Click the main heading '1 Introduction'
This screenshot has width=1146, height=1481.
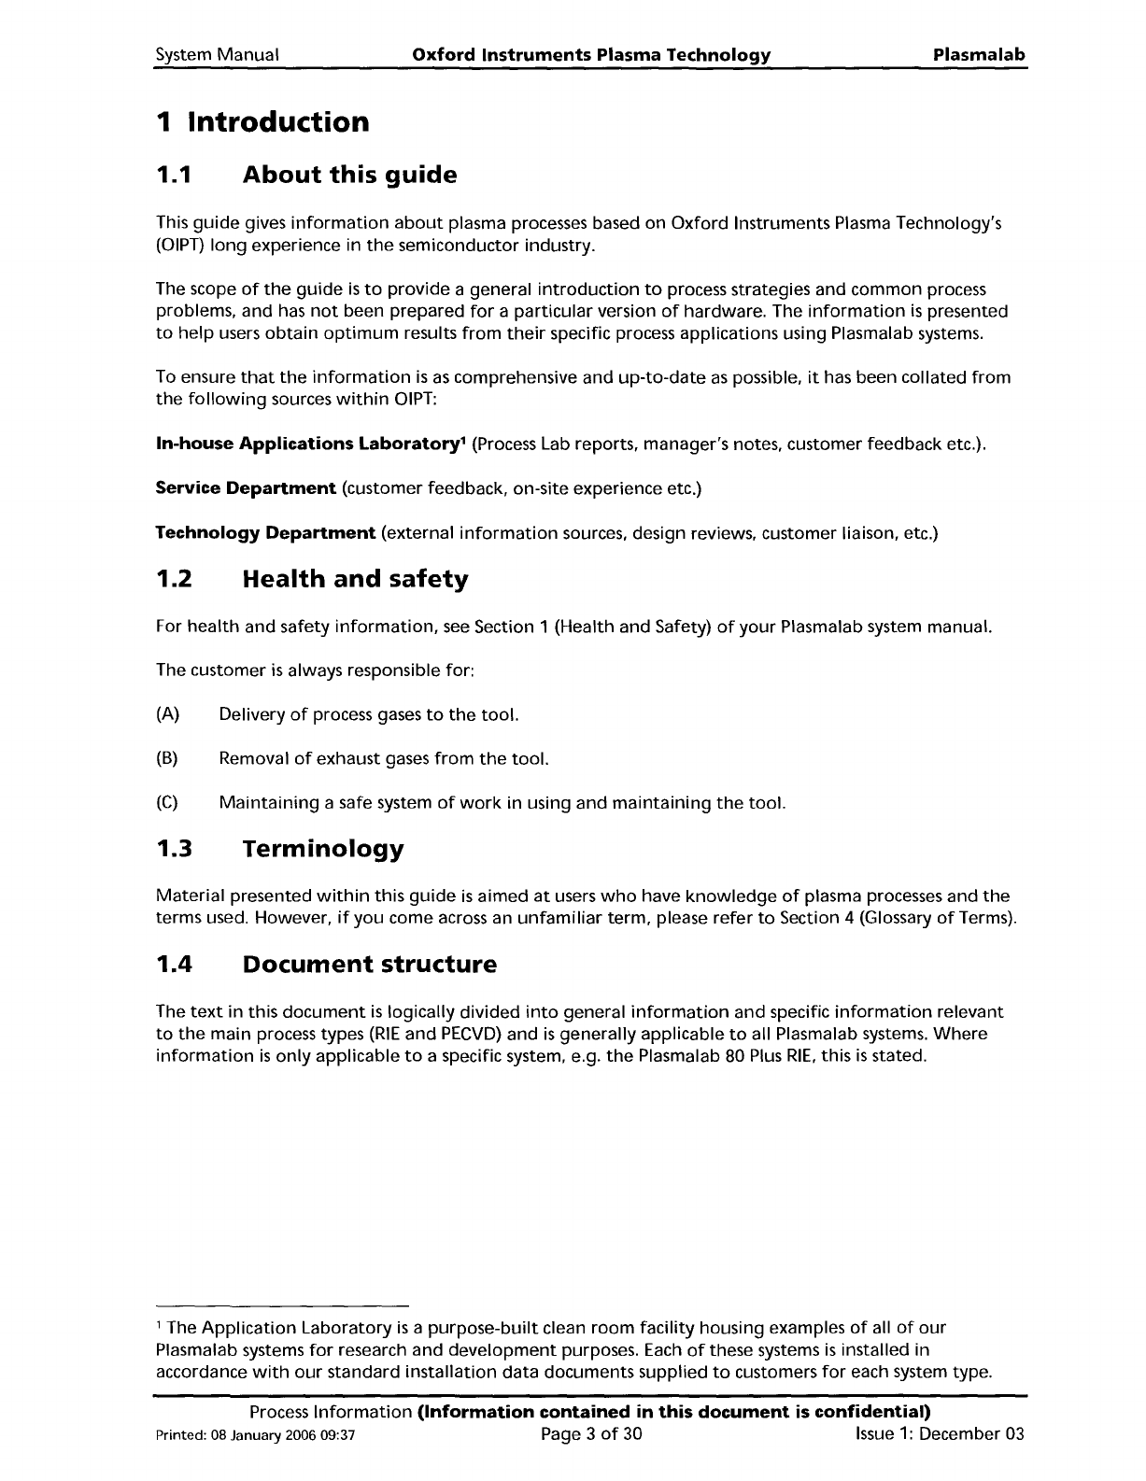point(262,122)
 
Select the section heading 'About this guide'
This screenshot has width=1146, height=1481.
point(349,175)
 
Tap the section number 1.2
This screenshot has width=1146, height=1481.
point(174,580)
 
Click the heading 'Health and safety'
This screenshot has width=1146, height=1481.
point(355,580)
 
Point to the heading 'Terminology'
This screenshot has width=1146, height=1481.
point(323,850)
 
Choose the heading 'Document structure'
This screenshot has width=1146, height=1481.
point(369,965)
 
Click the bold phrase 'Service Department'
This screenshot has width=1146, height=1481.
point(246,488)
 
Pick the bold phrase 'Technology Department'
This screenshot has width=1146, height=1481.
point(265,533)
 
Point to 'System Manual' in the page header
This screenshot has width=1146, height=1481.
point(218,55)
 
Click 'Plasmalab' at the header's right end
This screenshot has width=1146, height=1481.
point(980,55)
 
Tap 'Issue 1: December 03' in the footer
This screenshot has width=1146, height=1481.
point(940,1433)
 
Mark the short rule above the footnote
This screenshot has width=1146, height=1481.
point(283,1304)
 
